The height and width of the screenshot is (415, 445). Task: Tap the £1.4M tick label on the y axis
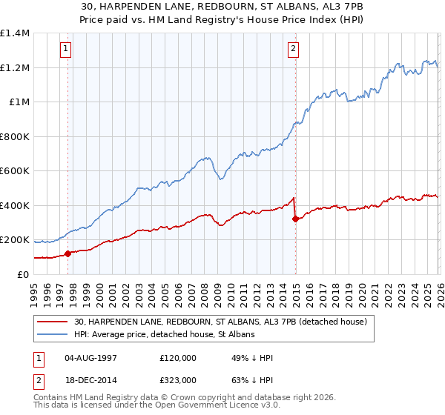tap(15, 33)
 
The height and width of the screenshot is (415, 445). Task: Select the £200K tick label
tap(15, 240)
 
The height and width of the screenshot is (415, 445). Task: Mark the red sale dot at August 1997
tap(67, 253)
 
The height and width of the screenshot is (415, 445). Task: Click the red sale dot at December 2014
tap(295, 219)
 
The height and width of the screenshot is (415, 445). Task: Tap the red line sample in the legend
tap(53, 322)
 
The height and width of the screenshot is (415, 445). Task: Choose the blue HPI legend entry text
tap(164, 335)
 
